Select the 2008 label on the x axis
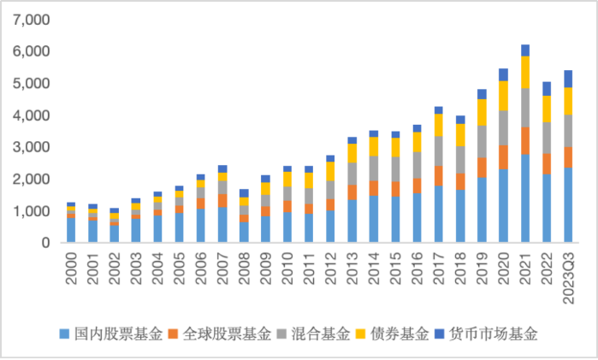point(245,266)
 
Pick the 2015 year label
point(395,266)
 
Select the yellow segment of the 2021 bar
point(525,72)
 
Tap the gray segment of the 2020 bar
point(503,127)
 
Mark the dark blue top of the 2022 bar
point(547,88)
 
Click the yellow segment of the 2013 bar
point(352,152)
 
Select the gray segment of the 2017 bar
point(439,150)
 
